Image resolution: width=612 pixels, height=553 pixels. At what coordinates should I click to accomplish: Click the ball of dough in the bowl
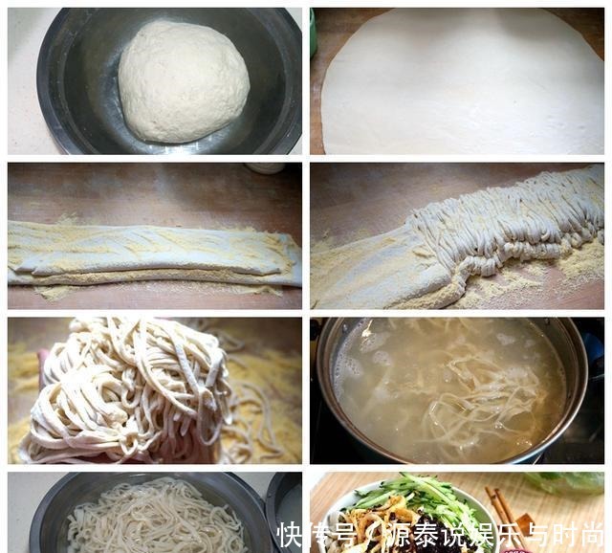tap(184, 81)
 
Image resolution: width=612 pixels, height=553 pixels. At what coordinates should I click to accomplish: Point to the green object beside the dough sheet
tap(313, 33)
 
